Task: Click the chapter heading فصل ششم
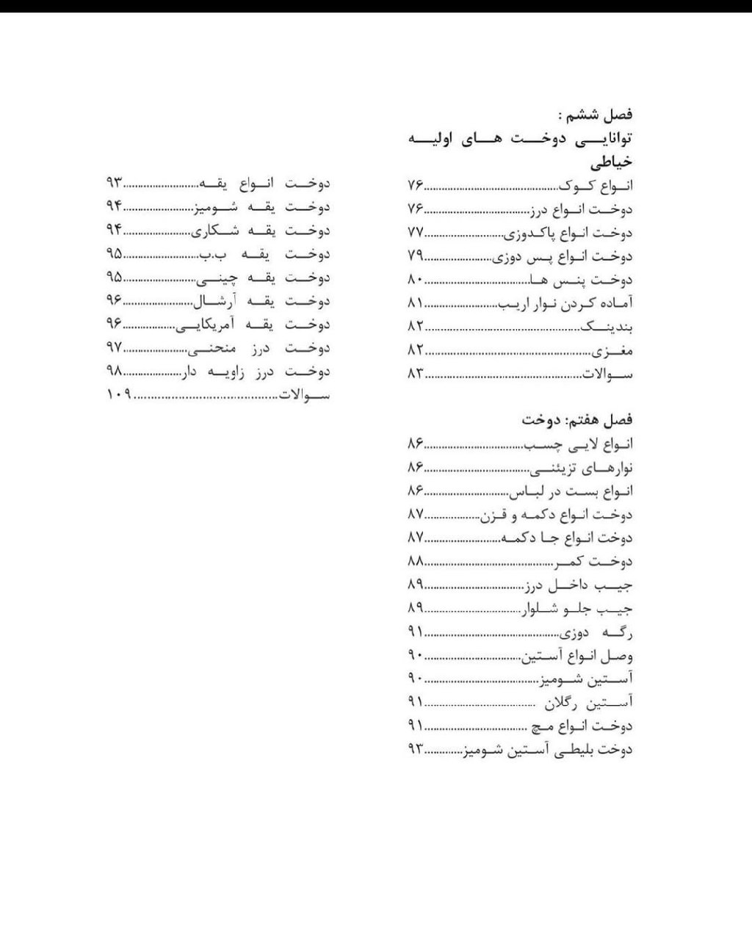pos(596,115)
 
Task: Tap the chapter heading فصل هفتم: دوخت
pos(577,420)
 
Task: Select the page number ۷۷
pos(416,233)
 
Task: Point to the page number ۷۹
pos(416,256)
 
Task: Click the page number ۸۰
pos(416,280)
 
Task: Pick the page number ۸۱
pos(416,303)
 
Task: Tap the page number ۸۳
pos(416,373)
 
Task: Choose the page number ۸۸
pos(416,561)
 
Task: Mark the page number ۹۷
pos(113,347)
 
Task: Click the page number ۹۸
pos(113,371)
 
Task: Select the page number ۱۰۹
pos(117,394)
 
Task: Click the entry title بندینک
pos(607,327)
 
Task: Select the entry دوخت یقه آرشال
pos(260,301)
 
